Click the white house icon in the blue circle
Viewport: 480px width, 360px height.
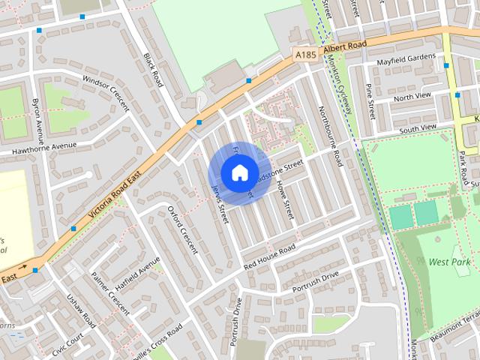238,172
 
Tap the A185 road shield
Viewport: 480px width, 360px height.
305,55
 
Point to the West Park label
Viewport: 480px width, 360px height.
449,262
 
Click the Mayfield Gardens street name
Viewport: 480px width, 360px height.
406,58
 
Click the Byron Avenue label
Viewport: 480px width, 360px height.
36,119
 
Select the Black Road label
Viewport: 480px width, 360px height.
152,68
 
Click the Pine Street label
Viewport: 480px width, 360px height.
370,102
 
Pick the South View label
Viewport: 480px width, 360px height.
418,128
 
